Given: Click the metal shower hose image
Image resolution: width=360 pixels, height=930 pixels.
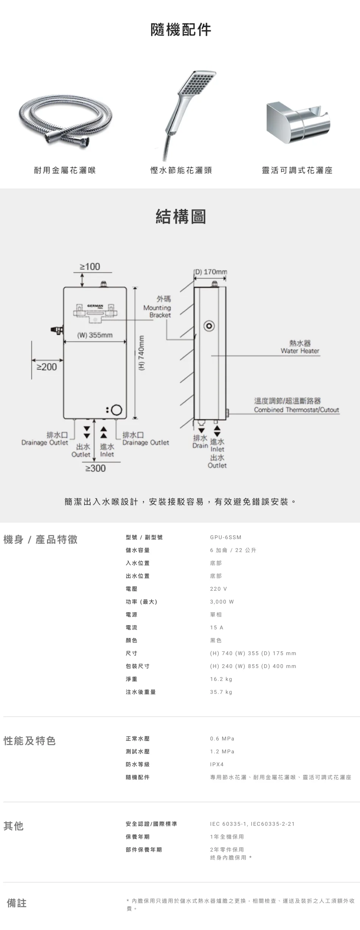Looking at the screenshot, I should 65,120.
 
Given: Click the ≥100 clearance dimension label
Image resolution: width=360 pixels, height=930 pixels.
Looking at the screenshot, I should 90,267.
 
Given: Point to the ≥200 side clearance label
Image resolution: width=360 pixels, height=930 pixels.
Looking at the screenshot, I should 47,367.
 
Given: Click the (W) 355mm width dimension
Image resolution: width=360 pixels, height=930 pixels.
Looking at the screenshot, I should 95,335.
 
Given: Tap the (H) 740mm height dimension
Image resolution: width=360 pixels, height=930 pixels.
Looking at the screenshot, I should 142,353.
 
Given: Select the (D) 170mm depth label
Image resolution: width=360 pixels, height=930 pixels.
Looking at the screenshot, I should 211,272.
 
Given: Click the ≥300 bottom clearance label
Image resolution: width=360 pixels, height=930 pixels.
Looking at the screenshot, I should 95,468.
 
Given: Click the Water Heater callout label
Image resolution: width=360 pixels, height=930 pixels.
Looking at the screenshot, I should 300,347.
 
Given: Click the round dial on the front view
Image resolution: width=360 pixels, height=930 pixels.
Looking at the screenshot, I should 117,410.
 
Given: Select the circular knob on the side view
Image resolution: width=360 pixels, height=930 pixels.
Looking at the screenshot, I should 209,326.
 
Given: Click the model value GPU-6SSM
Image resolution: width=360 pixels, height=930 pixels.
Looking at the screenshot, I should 225,537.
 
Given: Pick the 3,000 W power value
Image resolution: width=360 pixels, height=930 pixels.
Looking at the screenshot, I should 222,602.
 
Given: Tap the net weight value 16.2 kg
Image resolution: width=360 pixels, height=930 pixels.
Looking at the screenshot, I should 221,679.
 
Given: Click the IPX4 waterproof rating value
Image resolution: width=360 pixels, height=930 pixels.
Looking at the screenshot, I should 217,764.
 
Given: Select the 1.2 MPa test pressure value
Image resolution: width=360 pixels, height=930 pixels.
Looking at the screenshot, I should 222,751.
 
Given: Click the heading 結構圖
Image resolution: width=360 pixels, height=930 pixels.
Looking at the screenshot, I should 180,217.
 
